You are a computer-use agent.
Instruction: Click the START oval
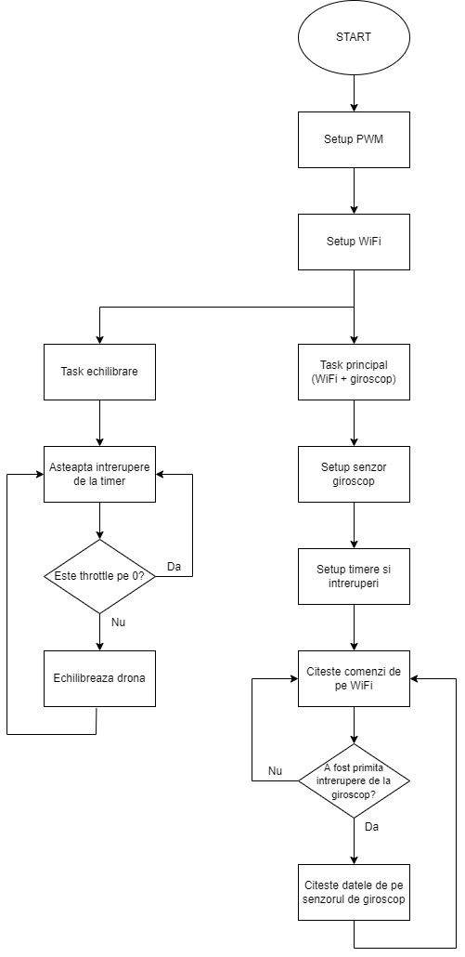(x=354, y=37)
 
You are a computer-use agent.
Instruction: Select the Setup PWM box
(x=354, y=139)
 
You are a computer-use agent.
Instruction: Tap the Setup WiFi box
(x=354, y=242)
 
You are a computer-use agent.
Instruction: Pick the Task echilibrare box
(x=99, y=372)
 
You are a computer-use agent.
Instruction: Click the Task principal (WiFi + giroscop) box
(x=354, y=372)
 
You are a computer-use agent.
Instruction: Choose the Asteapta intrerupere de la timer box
(x=99, y=474)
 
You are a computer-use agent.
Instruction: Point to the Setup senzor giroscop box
(x=354, y=474)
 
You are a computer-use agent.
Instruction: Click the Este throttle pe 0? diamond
(x=99, y=576)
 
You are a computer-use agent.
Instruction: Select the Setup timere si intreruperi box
(x=354, y=576)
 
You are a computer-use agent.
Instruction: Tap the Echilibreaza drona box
(x=99, y=678)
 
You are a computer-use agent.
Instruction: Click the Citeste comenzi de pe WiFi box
(x=354, y=678)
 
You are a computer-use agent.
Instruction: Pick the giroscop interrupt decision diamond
(x=354, y=780)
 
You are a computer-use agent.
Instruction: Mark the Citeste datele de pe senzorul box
(x=354, y=892)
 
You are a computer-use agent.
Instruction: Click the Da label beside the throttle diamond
(x=174, y=567)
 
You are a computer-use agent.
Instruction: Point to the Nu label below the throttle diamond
(x=118, y=623)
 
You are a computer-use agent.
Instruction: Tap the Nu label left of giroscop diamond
(x=275, y=771)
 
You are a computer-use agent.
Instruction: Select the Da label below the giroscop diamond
(x=372, y=827)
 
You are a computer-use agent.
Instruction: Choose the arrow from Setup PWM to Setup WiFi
(x=354, y=190)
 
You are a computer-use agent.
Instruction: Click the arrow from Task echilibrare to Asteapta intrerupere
(x=99, y=423)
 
